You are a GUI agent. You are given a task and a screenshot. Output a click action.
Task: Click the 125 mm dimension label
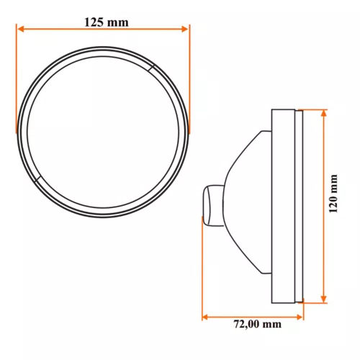[107, 22]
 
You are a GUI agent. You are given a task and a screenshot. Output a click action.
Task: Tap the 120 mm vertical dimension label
[333, 194]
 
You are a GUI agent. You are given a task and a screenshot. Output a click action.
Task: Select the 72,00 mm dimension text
[258, 324]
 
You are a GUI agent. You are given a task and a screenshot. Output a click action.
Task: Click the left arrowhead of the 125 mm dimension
[22, 30]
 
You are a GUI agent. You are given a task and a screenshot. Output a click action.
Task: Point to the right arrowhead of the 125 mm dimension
[184, 30]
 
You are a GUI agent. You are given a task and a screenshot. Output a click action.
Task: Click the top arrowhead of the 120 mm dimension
[324, 113]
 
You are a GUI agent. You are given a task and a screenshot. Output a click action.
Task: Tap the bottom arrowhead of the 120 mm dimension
[324, 299]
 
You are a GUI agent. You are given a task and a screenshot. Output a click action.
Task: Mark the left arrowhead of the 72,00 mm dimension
[204, 318]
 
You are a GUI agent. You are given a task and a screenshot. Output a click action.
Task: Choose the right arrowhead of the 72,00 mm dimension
[300, 318]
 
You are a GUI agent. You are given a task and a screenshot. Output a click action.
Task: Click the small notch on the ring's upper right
[151, 68]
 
